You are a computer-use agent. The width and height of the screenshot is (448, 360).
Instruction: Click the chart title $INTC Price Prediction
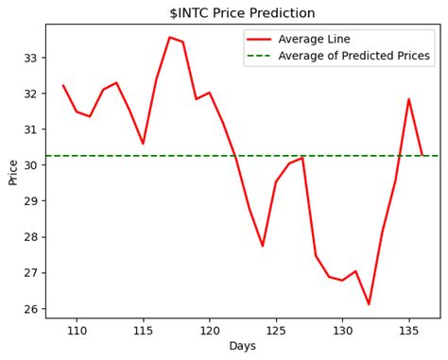point(242,13)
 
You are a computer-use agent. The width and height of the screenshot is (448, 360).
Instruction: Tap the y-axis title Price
point(13,171)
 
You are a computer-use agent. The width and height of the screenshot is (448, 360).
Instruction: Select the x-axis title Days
point(242,347)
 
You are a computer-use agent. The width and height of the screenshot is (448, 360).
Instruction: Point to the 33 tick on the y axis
point(30,58)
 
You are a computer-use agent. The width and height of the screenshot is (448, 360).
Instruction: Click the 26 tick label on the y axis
point(30,309)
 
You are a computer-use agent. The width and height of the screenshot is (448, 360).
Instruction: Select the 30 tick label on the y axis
point(30,165)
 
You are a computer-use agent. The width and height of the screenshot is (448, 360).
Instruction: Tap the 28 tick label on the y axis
point(30,237)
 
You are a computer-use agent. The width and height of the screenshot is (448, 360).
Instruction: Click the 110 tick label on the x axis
point(77,330)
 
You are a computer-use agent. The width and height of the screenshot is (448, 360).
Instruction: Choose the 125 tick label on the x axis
point(276,330)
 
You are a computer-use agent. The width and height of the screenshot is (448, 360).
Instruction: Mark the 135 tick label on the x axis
point(409,330)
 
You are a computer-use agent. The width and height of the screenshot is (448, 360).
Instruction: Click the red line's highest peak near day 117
point(169,38)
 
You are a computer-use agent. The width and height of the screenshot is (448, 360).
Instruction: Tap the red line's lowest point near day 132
point(369,304)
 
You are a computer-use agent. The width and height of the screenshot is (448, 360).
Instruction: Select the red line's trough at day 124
point(263,246)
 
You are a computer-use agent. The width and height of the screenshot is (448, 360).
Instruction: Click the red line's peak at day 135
point(409,99)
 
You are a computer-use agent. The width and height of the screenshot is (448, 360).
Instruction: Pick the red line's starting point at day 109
point(63,86)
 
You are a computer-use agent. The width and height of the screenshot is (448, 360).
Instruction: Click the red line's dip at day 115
point(143,144)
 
